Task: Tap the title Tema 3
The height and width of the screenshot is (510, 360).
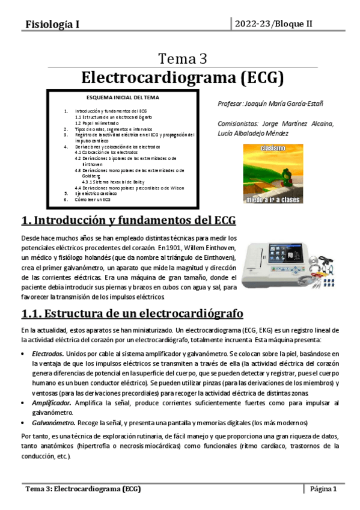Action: (183, 58)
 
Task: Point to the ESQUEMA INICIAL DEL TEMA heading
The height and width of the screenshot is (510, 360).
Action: (123, 97)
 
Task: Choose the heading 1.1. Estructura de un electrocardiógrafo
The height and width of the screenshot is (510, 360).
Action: (132, 313)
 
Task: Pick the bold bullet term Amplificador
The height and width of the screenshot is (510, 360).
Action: (52, 402)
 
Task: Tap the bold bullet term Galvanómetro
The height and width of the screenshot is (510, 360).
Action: (53, 422)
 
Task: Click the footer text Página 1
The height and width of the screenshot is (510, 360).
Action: (323, 489)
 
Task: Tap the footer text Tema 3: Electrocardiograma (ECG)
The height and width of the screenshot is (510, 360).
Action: (83, 489)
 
